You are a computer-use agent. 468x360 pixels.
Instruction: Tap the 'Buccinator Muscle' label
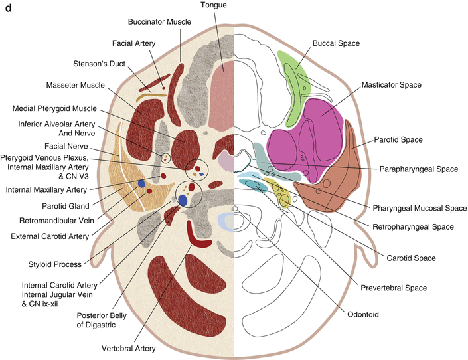tap(159, 22)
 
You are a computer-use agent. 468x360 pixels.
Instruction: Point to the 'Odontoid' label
tap(363, 315)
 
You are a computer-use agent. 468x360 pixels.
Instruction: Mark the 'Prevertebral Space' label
tap(394, 288)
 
